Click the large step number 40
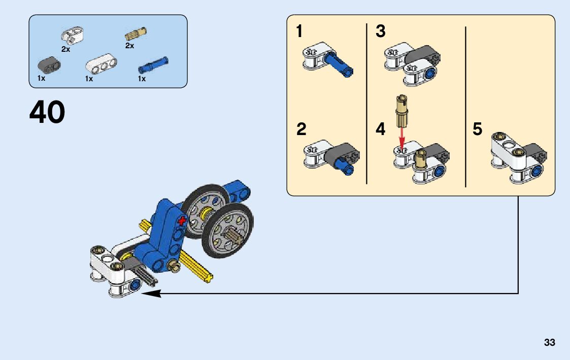(x=47, y=112)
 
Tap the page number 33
(x=549, y=343)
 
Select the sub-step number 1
(x=299, y=31)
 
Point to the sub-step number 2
(x=301, y=129)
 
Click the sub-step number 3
(x=381, y=31)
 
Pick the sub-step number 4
(x=381, y=129)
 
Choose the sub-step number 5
(x=477, y=129)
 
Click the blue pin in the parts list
(x=153, y=65)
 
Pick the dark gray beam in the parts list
(x=49, y=64)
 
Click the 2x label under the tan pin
(x=129, y=46)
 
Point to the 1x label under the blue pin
(x=142, y=79)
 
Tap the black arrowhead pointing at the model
(x=151, y=293)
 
